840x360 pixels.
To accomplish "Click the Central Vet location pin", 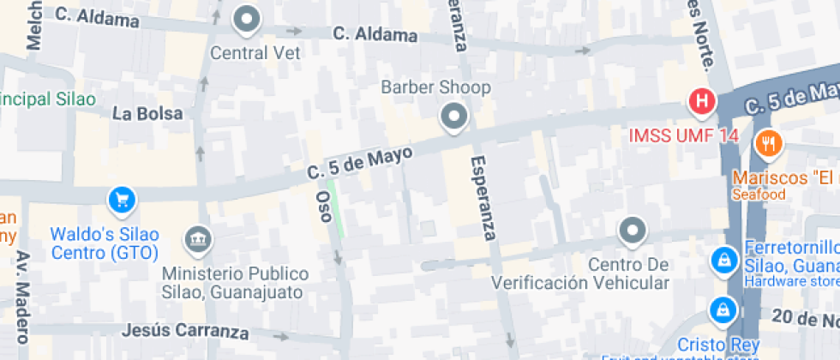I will [247, 19].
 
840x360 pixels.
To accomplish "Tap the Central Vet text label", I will [256, 52].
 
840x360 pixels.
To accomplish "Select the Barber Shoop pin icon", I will [452, 116].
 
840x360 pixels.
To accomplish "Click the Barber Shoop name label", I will [435, 87].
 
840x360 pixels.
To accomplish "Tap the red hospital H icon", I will [702, 102].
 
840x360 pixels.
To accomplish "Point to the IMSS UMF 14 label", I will [683, 135].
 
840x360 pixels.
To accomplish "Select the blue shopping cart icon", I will [123, 201].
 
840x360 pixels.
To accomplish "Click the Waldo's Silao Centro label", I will [105, 243].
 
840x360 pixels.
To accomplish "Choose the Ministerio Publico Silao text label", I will [236, 283].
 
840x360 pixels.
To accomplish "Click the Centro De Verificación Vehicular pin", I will [633, 230].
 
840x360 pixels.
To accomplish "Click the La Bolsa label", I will [147, 113].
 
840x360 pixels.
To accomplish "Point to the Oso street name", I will [324, 206].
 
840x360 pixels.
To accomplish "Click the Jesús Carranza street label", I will [186, 330].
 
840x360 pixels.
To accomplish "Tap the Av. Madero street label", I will [22, 296].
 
